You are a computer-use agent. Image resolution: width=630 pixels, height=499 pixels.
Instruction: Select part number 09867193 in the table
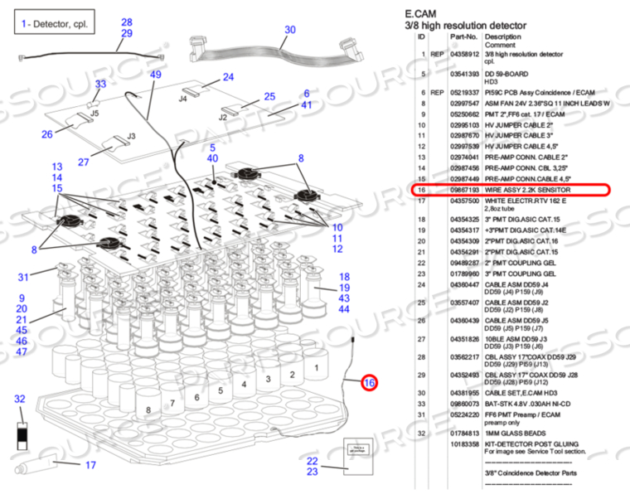(x=465, y=190)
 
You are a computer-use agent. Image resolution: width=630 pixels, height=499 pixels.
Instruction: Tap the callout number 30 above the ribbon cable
(x=289, y=30)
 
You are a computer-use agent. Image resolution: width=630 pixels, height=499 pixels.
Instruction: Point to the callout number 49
(x=156, y=75)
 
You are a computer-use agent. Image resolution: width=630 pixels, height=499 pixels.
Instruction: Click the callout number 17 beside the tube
(x=91, y=465)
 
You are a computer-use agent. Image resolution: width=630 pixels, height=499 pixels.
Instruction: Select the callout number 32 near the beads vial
(x=21, y=400)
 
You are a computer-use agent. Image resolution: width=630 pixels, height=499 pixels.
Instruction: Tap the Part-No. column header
(x=464, y=37)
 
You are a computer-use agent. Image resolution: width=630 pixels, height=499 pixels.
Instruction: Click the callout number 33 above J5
(x=100, y=84)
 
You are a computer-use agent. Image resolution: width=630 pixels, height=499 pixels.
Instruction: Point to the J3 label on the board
(x=131, y=136)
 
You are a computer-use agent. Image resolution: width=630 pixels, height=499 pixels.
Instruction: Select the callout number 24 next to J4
(x=229, y=78)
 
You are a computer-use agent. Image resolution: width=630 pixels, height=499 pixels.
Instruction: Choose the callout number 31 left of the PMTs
(x=24, y=277)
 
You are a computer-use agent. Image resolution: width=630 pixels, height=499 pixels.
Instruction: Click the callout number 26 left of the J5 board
(x=47, y=133)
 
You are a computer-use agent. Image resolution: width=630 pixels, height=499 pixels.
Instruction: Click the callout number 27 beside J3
(x=84, y=162)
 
